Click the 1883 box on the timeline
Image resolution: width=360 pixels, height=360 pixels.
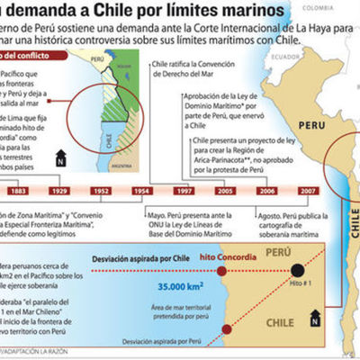point(17,192)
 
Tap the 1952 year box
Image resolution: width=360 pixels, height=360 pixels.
point(101,192)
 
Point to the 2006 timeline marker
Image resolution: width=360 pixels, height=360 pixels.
point(267,192)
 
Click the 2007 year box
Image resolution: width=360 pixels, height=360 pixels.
point(309,192)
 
